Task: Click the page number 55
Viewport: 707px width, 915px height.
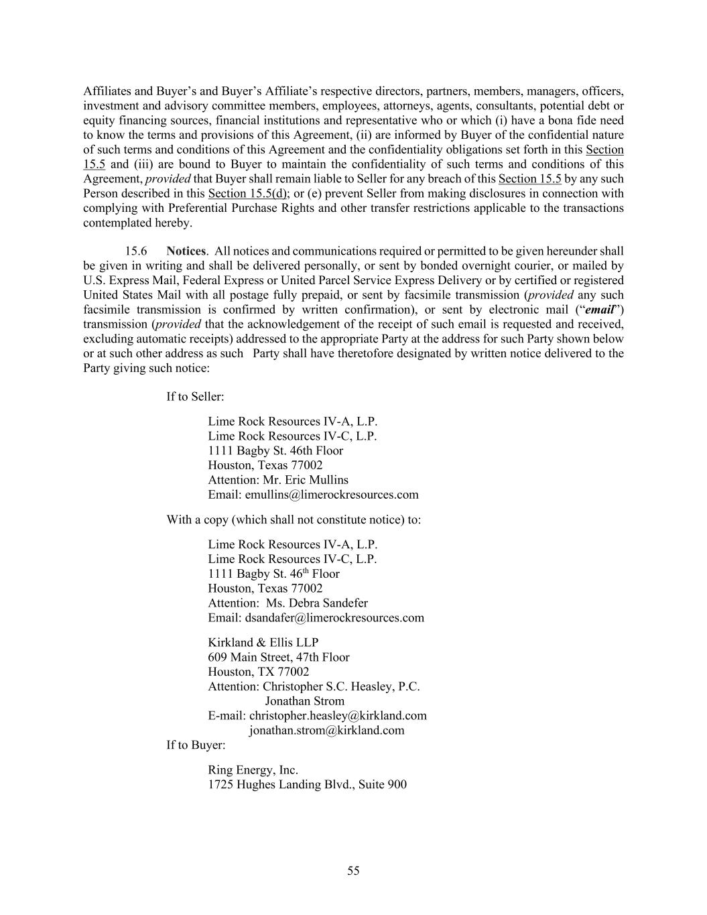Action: click(x=353, y=871)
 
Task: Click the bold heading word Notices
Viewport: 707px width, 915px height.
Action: click(x=186, y=251)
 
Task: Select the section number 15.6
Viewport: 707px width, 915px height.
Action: click(x=136, y=251)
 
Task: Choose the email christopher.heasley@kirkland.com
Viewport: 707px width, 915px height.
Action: click(x=338, y=715)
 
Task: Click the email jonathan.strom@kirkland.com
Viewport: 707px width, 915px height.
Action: click(x=326, y=730)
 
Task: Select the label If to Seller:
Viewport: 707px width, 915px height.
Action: click(x=195, y=397)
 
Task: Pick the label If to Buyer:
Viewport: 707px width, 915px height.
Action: click(x=196, y=745)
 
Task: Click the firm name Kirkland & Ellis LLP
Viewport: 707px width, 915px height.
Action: click(x=263, y=642)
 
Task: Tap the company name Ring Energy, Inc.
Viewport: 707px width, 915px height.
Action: click(x=253, y=770)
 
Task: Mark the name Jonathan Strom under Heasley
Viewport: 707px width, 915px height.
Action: click(x=304, y=700)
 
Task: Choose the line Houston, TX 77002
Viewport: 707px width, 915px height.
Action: click(x=258, y=672)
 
